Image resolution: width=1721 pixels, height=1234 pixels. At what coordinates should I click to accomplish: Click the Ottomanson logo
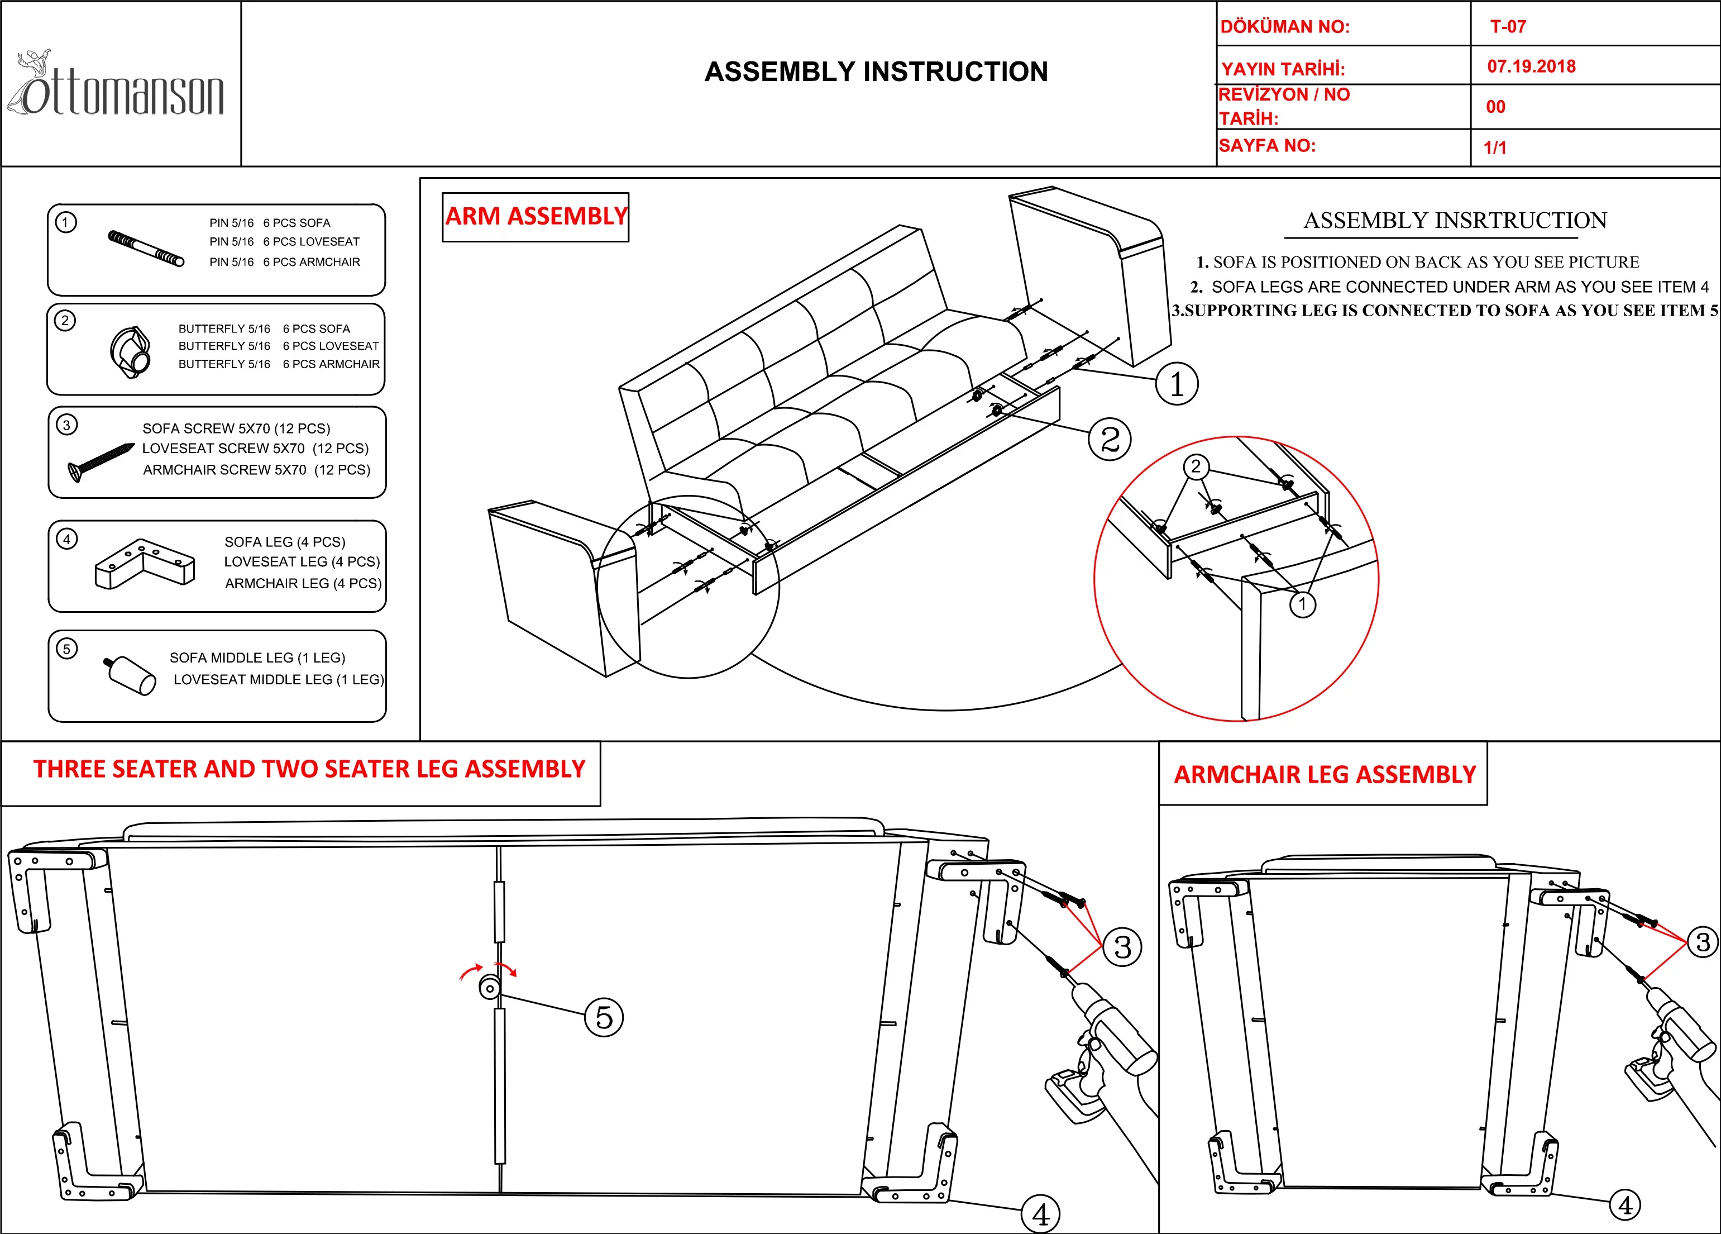(118, 87)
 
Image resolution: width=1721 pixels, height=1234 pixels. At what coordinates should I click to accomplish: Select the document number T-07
(1508, 27)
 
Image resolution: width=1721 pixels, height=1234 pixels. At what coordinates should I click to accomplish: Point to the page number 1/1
(1495, 147)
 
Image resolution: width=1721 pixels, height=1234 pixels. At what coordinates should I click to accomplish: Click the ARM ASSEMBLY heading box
(536, 217)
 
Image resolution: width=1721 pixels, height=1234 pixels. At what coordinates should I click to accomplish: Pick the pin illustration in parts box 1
(146, 248)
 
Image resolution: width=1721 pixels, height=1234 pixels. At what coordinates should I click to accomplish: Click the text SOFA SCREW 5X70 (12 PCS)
(236, 428)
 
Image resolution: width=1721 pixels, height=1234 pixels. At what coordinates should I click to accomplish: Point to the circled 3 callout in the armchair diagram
(1703, 942)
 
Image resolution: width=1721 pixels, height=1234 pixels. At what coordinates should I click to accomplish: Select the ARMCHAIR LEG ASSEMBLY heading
(1324, 774)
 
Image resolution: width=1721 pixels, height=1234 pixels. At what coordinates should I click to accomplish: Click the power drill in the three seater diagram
(1100, 1047)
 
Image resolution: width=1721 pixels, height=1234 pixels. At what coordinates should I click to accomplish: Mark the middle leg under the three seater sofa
(489, 988)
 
